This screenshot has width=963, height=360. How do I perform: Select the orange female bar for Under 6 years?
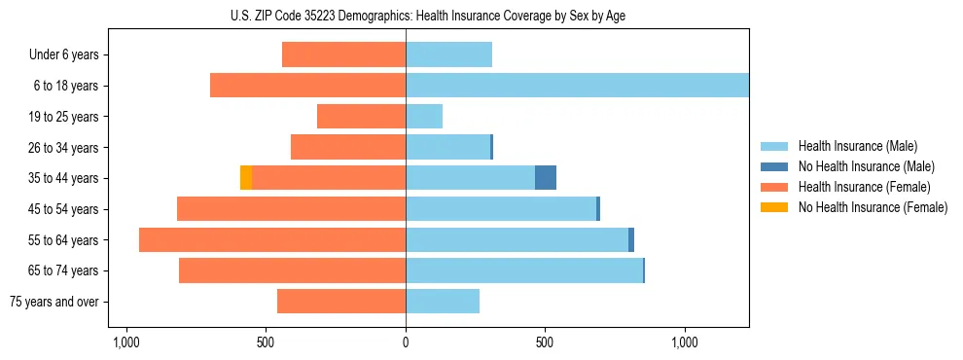tap(343, 54)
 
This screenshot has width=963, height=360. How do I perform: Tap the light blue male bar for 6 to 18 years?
tap(577, 86)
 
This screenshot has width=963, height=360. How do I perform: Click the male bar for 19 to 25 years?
tap(424, 117)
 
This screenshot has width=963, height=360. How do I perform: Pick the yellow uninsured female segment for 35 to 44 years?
tap(246, 178)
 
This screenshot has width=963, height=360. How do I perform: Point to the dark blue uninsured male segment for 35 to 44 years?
tap(546, 178)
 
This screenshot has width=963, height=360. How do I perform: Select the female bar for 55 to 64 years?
tap(272, 240)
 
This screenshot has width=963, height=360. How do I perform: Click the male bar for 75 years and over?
tap(443, 302)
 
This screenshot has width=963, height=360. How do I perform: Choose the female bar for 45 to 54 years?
tap(291, 209)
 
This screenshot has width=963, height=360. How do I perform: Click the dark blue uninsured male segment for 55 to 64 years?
tap(631, 240)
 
